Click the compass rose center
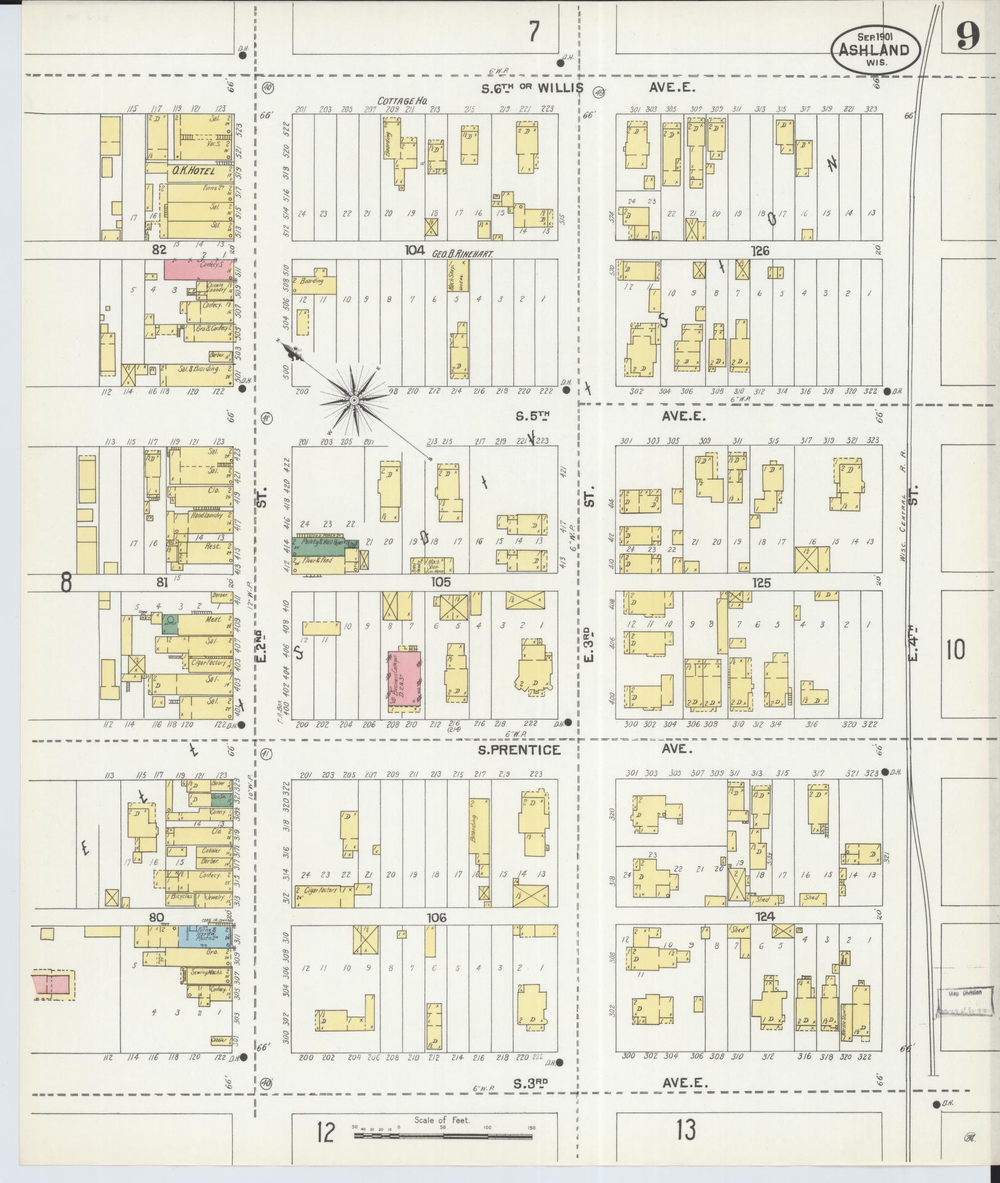pyautogui.click(x=354, y=400)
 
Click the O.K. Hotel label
pyautogui.click(x=193, y=171)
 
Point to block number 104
pyautogui.click(x=415, y=250)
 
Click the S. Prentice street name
pyautogui.click(x=530, y=750)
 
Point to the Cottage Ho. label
pyautogui.click(x=402, y=100)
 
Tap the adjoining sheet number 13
pyautogui.click(x=685, y=1130)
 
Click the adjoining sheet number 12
pyautogui.click(x=325, y=1132)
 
